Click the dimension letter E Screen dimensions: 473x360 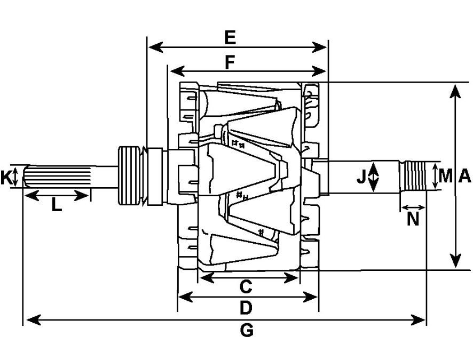(x=230, y=38)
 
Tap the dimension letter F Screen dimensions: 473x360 (x=230, y=62)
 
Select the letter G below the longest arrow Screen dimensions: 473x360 (x=247, y=331)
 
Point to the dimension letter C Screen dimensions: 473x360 (x=246, y=286)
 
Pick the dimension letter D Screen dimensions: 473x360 (x=246, y=308)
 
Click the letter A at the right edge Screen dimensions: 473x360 (x=464, y=176)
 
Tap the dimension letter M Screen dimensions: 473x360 (x=446, y=176)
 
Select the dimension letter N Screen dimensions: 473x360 (x=413, y=219)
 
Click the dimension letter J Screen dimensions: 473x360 (x=361, y=176)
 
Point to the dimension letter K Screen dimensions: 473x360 (x=6, y=177)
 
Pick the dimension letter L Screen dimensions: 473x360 (x=57, y=205)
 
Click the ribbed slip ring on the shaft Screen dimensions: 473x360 (x=129, y=175)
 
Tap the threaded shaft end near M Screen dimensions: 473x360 (x=413, y=176)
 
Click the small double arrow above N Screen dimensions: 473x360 (x=413, y=207)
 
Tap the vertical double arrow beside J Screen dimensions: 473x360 (x=374, y=177)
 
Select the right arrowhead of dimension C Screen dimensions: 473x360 (x=291, y=278)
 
